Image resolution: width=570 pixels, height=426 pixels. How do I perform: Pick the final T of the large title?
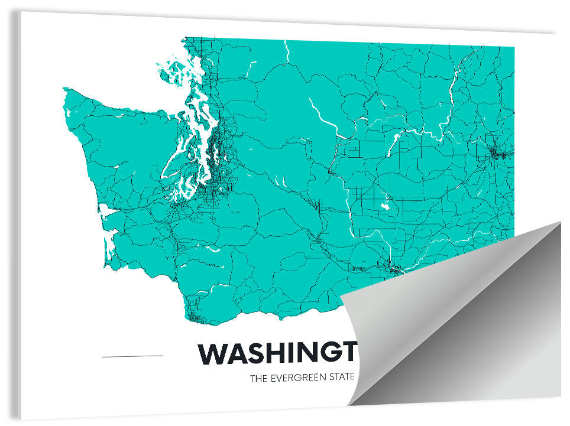click(x=350, y=353)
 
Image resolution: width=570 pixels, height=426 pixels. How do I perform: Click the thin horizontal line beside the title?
click(x=132, y=356)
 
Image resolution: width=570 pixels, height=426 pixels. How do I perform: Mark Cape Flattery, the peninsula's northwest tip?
click(x=65, y=92)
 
